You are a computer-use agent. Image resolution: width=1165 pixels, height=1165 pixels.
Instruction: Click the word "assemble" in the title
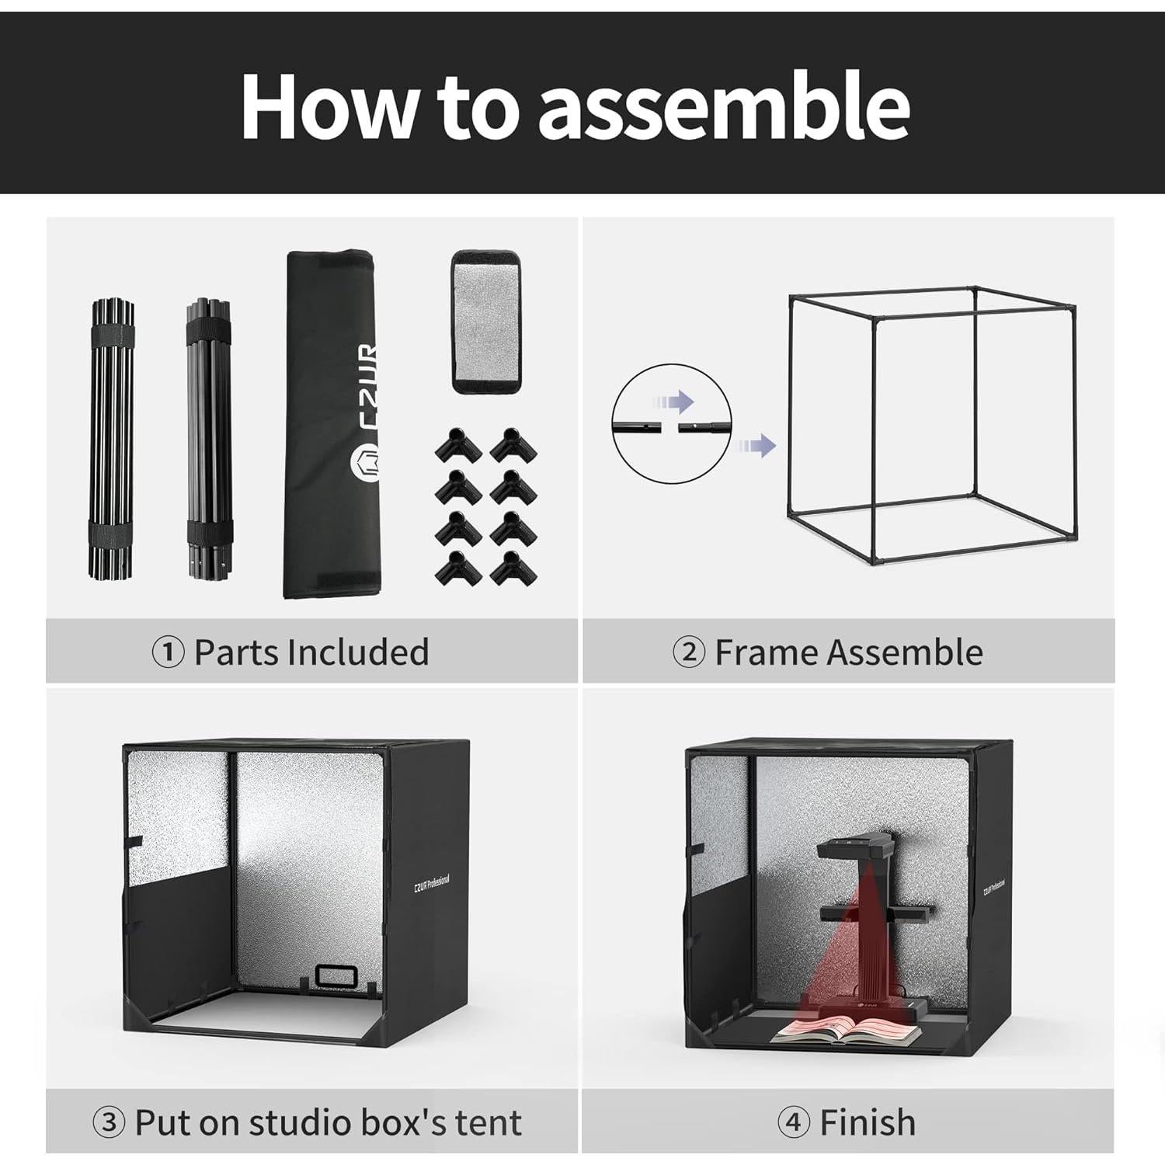[724, 105]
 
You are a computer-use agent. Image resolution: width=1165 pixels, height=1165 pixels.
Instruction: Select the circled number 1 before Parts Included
[168, 652]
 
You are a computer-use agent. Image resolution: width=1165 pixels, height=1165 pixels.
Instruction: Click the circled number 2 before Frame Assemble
[688, 652]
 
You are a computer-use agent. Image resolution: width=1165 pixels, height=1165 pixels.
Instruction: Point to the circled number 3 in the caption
[109, 1122]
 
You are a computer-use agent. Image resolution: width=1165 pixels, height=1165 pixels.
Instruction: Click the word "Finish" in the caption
[868, 1122]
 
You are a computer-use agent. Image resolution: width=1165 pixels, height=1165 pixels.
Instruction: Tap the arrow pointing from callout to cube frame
[756, 446]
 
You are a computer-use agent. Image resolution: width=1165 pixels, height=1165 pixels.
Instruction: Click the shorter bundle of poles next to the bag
[210, 440]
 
